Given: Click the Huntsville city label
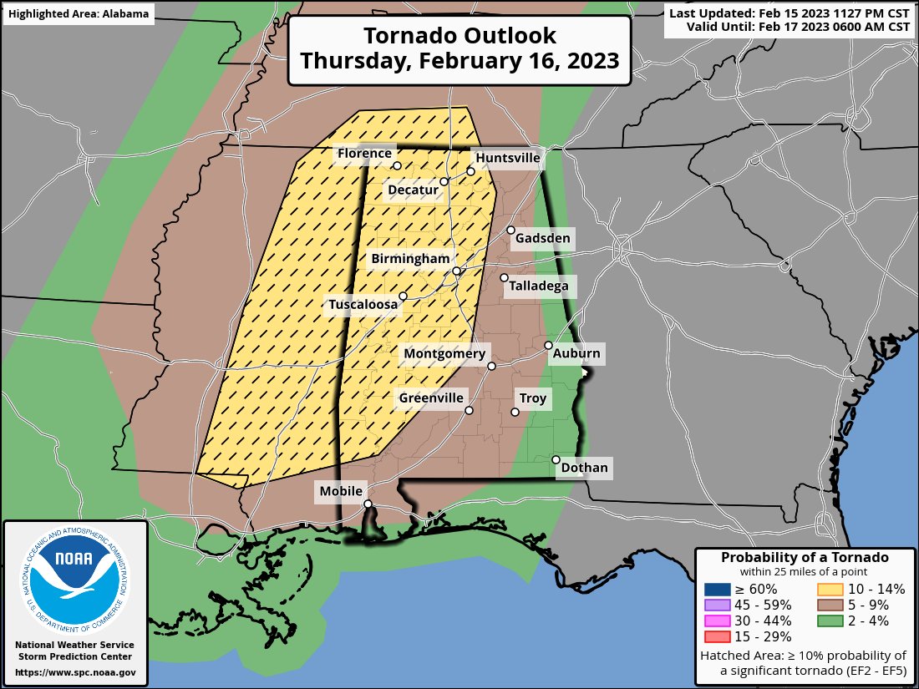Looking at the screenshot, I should (507, 158).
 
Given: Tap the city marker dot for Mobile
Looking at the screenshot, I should (368, 504).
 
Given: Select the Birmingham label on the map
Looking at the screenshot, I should (411, 259).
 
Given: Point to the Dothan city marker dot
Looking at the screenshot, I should (556, 460).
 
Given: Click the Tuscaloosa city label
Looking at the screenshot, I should (363, 305).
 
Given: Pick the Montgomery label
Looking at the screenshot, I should (444, 354).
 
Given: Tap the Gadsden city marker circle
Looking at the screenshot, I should (510, 230).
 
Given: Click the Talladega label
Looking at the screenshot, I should (540, 286).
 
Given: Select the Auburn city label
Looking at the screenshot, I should (576, 353).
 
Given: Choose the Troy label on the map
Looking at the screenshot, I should (533, 398).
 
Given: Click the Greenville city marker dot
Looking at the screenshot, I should (470, 410).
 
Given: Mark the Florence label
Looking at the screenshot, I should (363, 153).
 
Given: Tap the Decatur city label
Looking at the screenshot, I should (413, 190).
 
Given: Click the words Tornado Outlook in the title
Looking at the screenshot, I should (459, 36).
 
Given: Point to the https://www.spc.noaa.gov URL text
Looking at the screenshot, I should (75, 672).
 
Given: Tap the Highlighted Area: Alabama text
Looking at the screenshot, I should (79, 13).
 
